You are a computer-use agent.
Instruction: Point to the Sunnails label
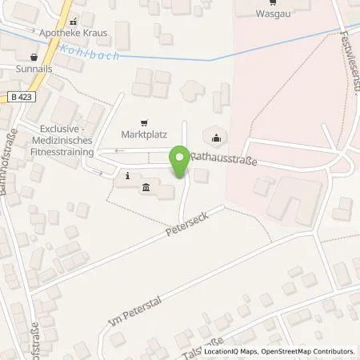(34, 70)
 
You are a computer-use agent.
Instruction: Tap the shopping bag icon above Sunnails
(34, 58)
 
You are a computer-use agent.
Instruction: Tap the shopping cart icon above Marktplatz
(143, 123)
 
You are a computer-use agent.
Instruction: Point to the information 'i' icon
(127, 175)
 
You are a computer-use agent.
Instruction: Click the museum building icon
(146, 189)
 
